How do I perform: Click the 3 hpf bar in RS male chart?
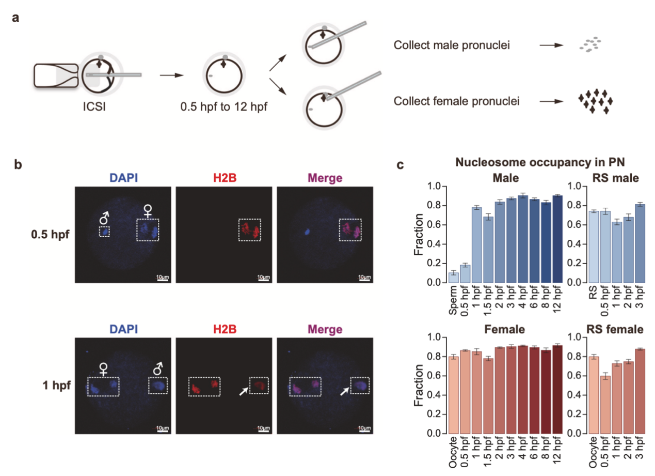(640, 243)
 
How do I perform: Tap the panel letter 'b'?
(18, 165)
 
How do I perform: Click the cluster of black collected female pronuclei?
(594, 101)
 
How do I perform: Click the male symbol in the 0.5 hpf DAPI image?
(104, 218)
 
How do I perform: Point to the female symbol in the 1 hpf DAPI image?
(104, 369)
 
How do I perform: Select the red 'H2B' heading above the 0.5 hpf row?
(225, 178)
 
